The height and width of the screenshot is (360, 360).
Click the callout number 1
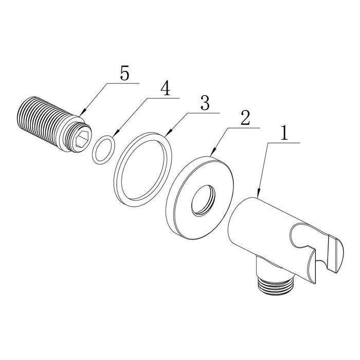point(284,133)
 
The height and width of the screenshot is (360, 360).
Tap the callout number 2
point(245,118)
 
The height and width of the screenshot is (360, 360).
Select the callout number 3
point(205,103)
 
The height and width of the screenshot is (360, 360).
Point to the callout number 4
point(165,88)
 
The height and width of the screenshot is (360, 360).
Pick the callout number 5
point(124,74)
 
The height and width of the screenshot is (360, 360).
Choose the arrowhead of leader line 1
point(259,192)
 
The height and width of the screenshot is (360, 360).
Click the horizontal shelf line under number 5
point(123,83)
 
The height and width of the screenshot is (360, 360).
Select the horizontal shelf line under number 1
point(284,143)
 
